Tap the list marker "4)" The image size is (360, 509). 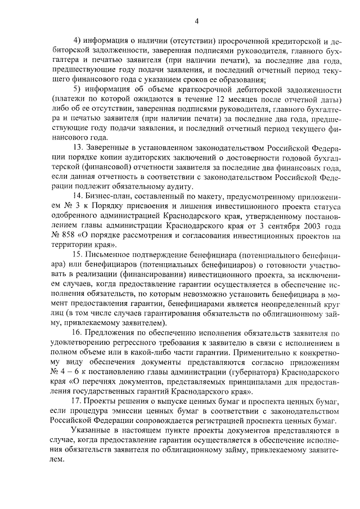pyautogui.click(x=78, y=41)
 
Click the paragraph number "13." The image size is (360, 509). pyautogui.click(x=79, y=147)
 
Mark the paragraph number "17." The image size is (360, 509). pyautogui.click(x=79, y=399)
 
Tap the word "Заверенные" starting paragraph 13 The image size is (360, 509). pyautogui.click(x=112, y=147)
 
